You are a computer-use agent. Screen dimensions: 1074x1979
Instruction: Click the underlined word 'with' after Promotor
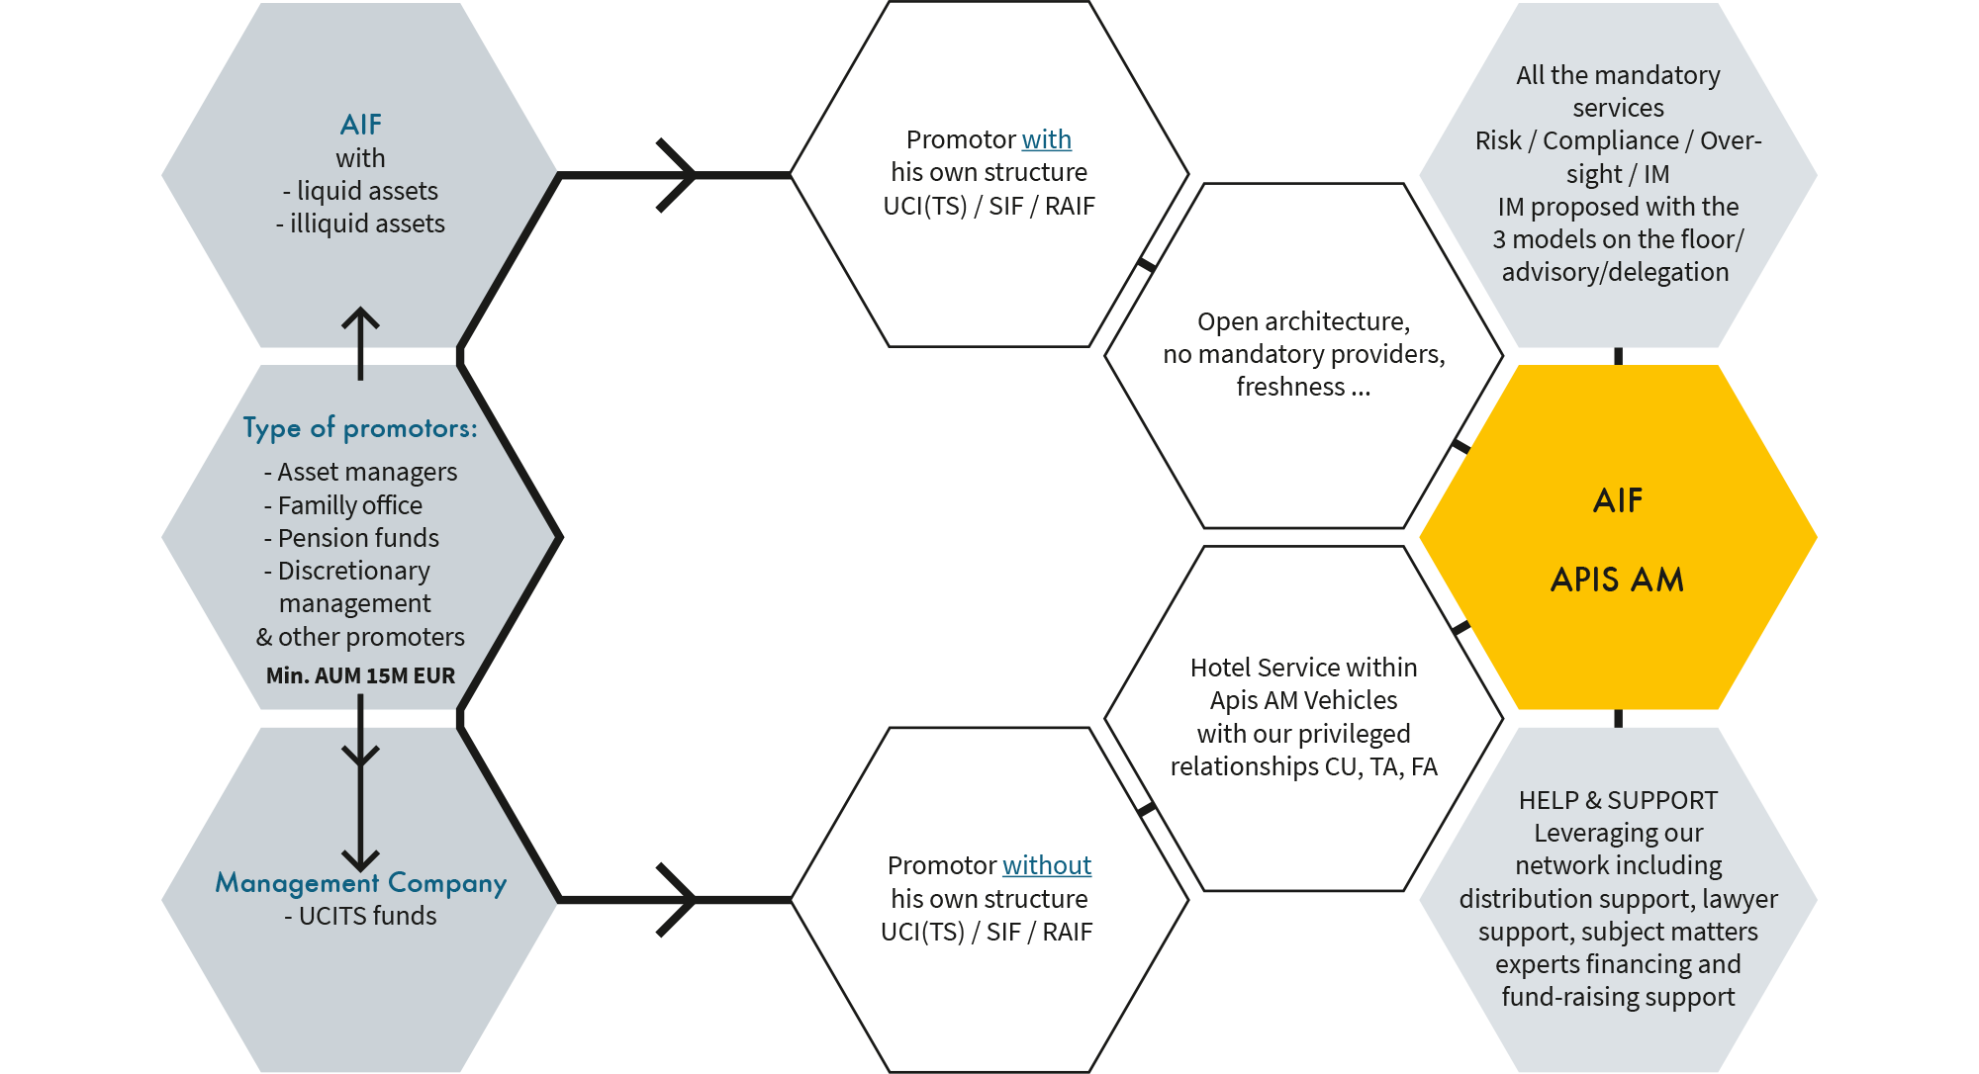tap(1046, 139)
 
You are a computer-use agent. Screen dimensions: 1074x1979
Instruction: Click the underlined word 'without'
tap(1046, 865)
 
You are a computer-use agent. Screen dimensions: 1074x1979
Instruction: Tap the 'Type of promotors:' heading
tap(360, 428)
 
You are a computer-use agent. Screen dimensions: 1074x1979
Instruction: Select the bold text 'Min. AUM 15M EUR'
tap(360, 675)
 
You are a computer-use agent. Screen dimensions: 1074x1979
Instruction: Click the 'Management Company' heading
tap(360, 882)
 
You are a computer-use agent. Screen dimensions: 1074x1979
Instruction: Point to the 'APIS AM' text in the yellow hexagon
tap(1617, 580)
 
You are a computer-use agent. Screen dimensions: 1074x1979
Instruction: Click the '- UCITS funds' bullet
tap(360, 916)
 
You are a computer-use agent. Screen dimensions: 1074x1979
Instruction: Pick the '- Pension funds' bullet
tap(351, 538)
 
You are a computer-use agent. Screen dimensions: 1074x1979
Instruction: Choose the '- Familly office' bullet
tap(343, 505)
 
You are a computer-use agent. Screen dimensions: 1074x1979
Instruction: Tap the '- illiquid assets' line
tap(360, 224)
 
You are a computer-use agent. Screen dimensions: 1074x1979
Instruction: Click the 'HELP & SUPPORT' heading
tap(1618, 800)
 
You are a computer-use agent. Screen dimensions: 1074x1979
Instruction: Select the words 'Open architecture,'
tap(1303, 321)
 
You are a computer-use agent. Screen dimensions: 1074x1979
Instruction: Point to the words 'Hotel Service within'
tap(1303, 668)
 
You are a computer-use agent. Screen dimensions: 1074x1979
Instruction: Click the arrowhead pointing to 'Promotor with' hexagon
tap(688, 176)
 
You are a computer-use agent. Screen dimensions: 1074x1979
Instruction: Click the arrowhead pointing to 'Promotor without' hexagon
tap(688, 900)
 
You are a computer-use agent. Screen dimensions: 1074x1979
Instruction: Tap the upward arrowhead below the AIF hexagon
tap(360, 316)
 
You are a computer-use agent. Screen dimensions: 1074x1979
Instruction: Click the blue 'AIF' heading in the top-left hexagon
tap(360, 125)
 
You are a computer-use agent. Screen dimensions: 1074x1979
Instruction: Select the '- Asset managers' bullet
tap(360, 472)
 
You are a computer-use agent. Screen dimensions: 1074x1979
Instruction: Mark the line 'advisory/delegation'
tap(1615, 272)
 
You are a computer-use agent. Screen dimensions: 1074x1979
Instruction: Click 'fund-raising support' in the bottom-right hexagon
tap(1618, 997)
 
